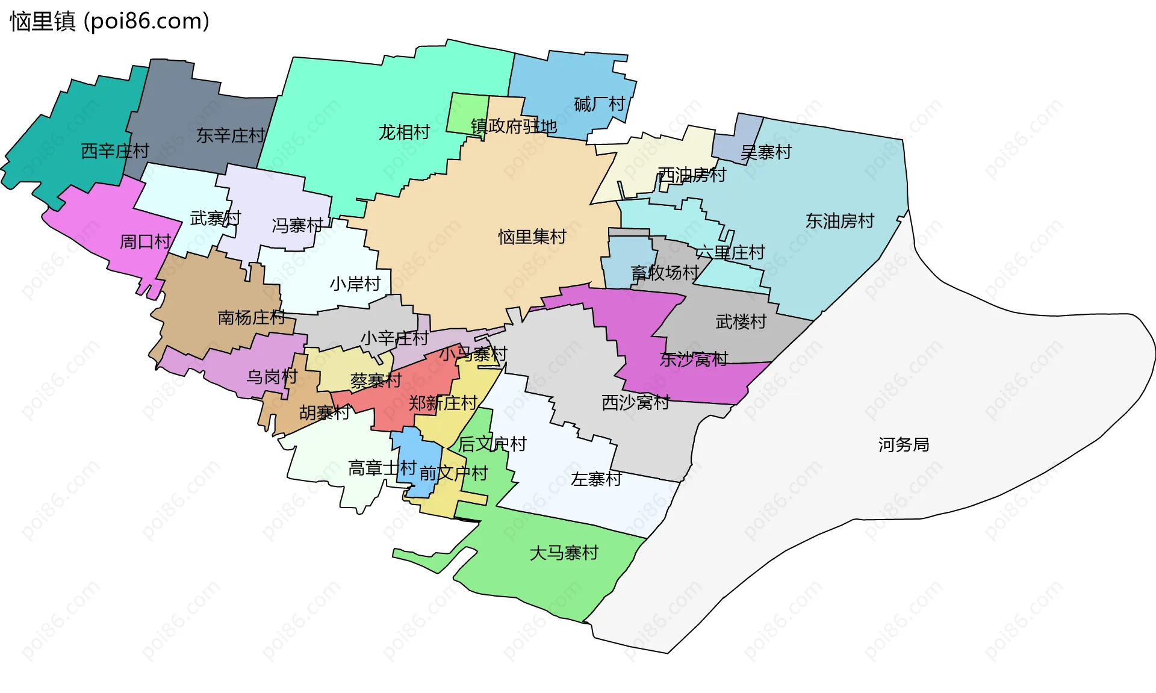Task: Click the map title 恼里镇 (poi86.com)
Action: point(110,21)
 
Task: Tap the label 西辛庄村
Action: point(115,151)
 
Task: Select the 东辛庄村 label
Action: point(231,135)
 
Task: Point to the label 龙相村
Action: point(404,132)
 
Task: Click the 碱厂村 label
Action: point(600,104)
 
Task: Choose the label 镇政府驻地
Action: point(514,126)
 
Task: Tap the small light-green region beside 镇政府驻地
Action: point(467,114)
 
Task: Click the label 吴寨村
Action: point(766,152)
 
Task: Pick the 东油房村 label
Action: point(840,221)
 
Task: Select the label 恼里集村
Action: point(532,237)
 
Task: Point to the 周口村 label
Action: point(146,241)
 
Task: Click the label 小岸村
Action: point(355,284)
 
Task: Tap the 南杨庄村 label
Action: point(252,317)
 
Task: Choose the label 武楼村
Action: point(741,322)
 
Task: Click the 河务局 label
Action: point(903,444)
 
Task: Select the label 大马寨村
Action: point(564,553)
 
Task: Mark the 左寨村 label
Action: point(596,479)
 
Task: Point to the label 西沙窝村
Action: point(636,402)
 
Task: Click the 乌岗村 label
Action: point(272,377)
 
